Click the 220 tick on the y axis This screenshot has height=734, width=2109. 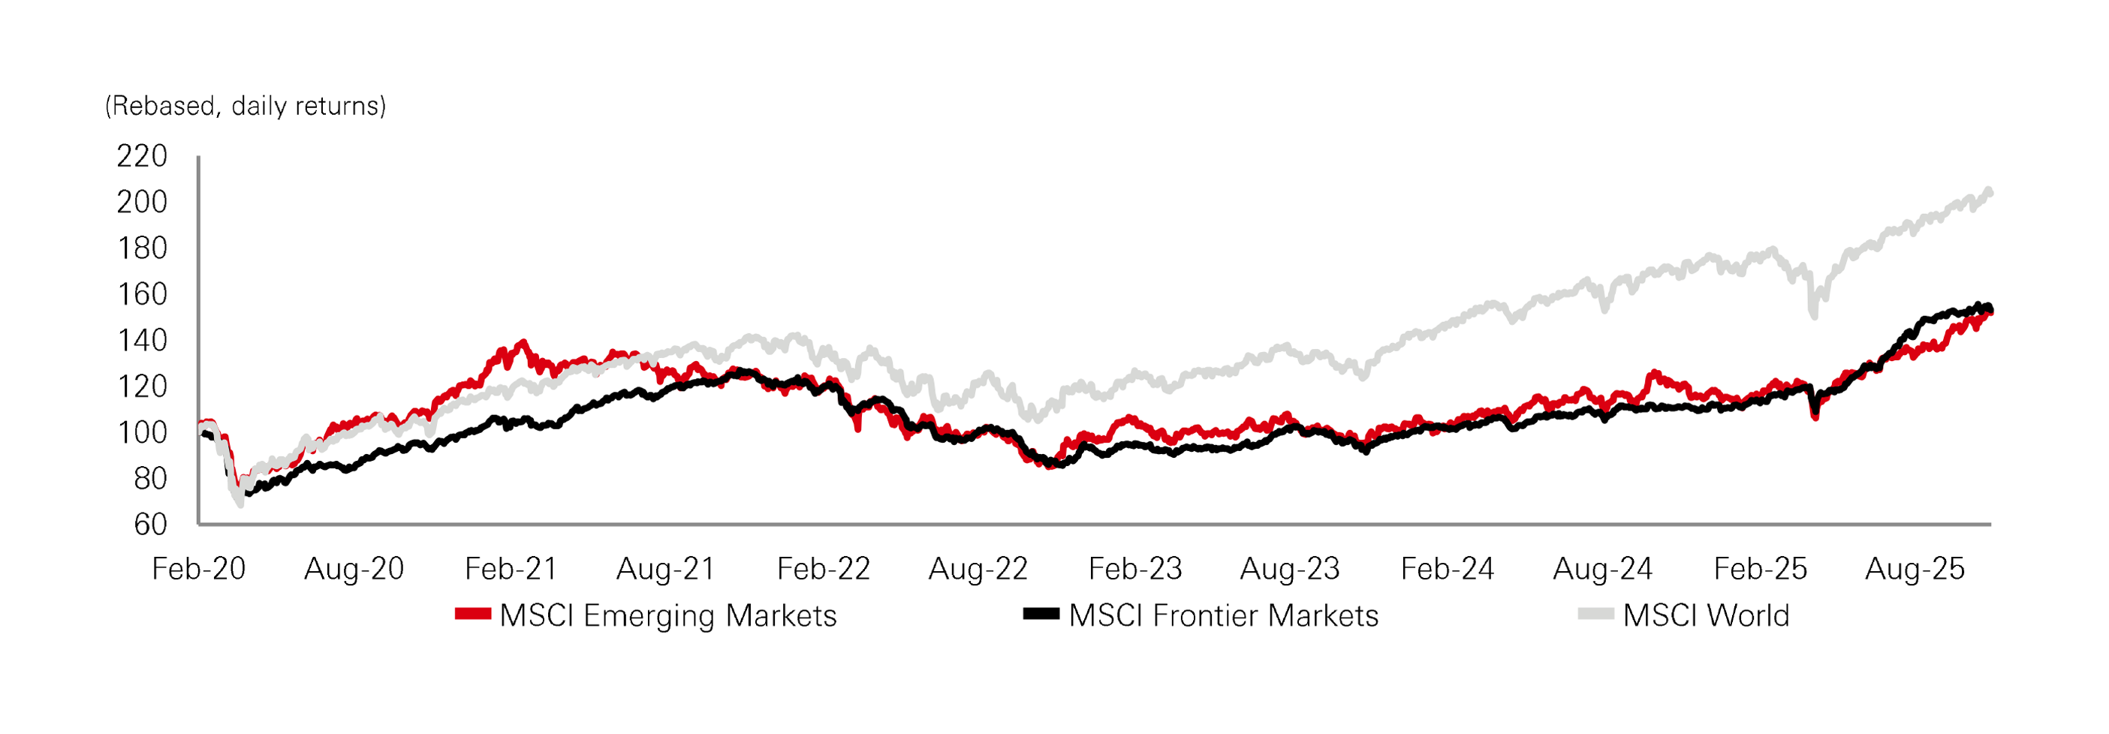142,155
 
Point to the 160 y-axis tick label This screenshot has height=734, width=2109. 142,293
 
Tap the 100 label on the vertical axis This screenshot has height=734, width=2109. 142,432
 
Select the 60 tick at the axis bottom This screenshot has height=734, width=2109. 150,525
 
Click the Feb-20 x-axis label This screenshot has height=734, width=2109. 199,569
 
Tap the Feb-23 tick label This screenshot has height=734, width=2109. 1134,569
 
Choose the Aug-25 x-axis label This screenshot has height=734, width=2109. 1914,569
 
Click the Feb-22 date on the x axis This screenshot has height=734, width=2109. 823,569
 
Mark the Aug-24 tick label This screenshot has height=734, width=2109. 1602,569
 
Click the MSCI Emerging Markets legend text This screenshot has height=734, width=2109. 668,615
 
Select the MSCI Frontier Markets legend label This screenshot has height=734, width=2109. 1223,615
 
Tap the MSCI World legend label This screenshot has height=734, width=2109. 1706,615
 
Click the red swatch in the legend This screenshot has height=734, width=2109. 472,614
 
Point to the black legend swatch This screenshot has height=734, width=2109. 1041,614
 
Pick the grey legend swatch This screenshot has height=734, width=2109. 1595,614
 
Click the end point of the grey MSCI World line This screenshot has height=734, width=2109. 1990,192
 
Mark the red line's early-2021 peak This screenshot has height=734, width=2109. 523,344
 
